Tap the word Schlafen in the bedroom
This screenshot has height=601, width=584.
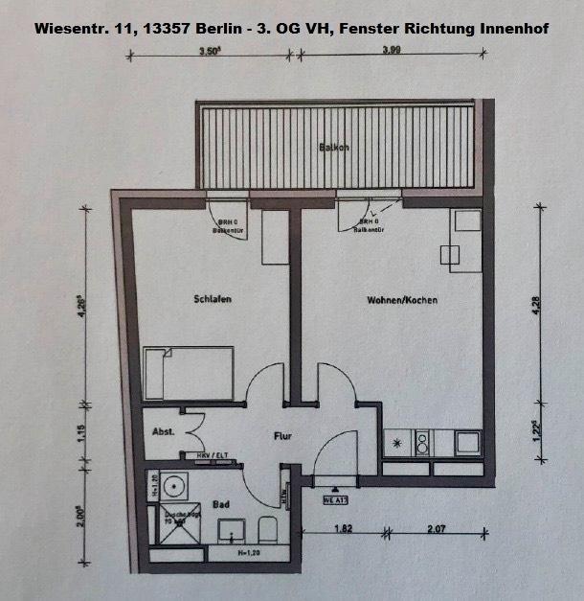pos(212,299)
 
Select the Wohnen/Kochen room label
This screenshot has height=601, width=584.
pos(402,300)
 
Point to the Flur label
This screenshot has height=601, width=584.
pos(282,436)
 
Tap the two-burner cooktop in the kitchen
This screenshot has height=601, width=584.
pos(422,443)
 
